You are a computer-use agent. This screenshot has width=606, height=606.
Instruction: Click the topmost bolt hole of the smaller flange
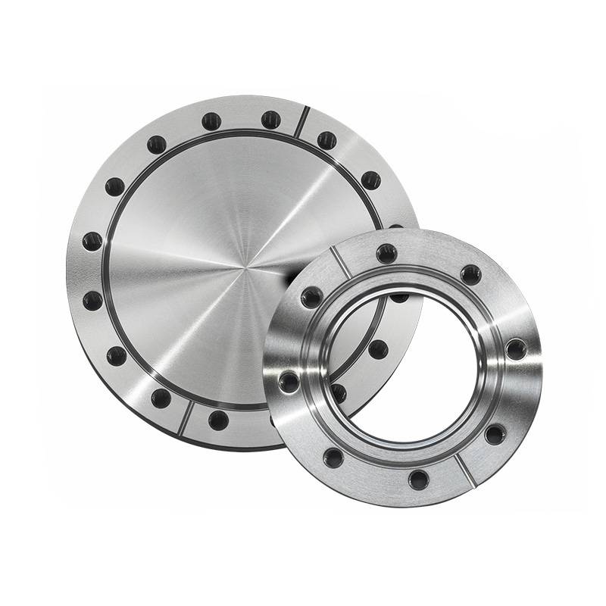pyautogui.click(x=386, y=252)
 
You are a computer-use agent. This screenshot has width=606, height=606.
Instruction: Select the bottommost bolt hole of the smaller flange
pyautogui.click(x=417, y=479)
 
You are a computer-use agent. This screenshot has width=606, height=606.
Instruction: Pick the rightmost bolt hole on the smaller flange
pyautogui.click(x=516, y=348)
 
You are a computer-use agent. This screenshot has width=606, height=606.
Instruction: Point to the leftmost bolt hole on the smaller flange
pyautogui.click(x=288, y=381)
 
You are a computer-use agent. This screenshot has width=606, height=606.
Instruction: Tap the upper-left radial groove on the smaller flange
pyautogui.click(x=340, y=262)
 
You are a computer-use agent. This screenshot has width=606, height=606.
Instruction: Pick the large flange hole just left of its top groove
pyautogui.click(x=270, y=120)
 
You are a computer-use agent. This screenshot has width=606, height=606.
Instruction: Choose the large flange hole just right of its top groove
pyautogui.click(x=326, y=140)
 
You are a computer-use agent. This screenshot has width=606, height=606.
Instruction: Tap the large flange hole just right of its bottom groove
pyautogui.click(x=218, y=420)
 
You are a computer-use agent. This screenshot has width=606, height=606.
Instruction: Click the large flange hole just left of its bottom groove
pyautogui.click(x=161, y=398)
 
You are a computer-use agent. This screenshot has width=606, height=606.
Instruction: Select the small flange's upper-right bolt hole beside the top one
pyautogui.click(x=470, y=274)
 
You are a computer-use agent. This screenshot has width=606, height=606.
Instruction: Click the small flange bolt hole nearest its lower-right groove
pyautogui.click(x=495, y=434)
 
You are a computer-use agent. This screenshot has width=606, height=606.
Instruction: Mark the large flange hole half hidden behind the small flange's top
pyautogui.click(x=395, y=226)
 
